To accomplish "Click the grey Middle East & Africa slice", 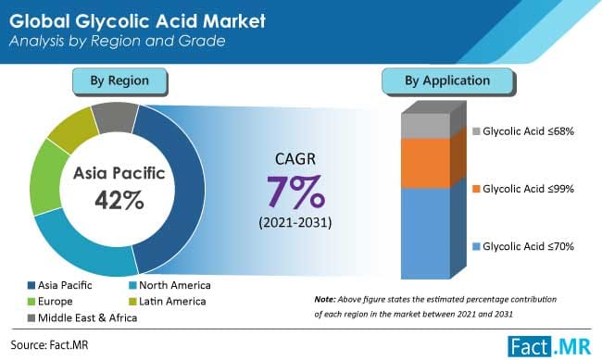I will tap(116, 117).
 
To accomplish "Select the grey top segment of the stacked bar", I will tap(425, 126).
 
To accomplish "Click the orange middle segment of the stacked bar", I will tap(425, 163).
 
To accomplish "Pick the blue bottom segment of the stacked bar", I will tap(425, 231).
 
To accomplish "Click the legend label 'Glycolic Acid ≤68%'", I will tap(522, 132).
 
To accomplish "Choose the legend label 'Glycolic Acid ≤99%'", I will tap(522, 189).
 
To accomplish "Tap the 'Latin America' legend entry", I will tap(172, 302).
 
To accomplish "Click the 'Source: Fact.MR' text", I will tap(50, 344).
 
